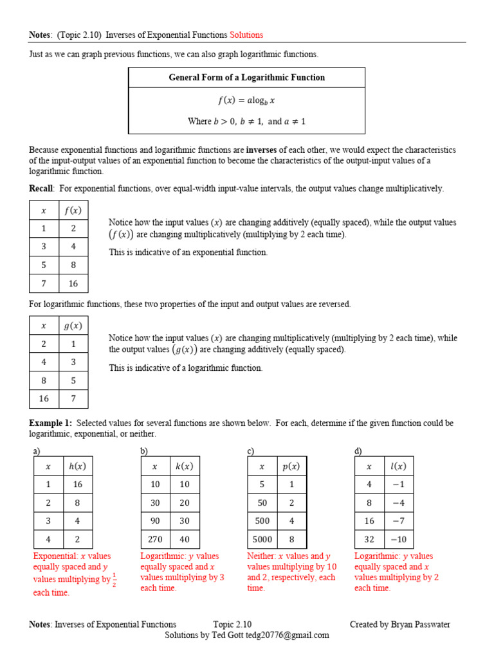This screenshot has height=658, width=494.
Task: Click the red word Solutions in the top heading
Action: [x=246, y=35]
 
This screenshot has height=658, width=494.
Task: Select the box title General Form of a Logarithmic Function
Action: [x=246, y=78]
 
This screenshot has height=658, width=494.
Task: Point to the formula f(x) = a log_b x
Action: [x=246, y=100]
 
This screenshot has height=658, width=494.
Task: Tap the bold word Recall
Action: [x=41, y=188]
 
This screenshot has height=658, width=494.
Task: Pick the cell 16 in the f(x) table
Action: [x=73, y=283]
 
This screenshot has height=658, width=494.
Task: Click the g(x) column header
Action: [x=73, y=326]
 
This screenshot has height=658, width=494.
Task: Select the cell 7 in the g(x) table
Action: [x=73, y=398]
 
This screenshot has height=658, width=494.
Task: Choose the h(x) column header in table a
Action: [x=77, y=467]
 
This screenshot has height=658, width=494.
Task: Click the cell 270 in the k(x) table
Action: [x=155, y=539]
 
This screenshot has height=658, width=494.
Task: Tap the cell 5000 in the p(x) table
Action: [x=262, y=539]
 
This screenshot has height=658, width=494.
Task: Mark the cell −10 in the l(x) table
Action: [x=398, y=539]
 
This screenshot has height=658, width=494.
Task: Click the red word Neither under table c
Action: [x=261, y=556]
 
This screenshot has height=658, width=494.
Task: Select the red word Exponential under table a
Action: [x=54, y=556]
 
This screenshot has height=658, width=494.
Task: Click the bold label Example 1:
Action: [x=50, y=423]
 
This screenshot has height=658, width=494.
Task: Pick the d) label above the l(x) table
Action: [x=358, y=452]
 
